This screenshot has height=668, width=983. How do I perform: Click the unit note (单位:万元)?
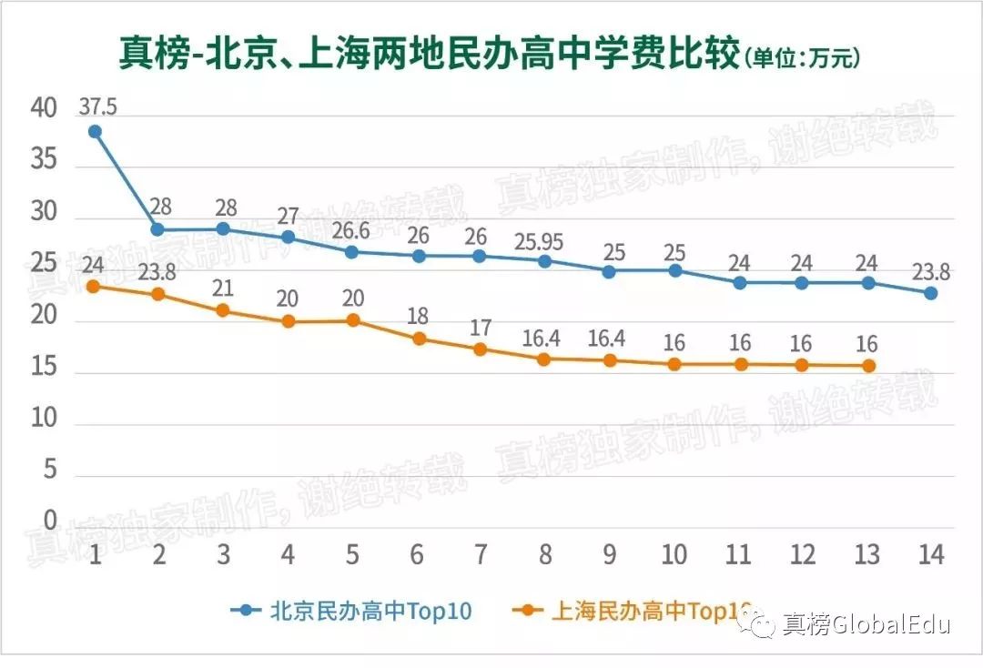pyautogui.click(x=802, y=59)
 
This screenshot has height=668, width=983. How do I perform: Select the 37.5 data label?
pyautogui.click(x=97, y=106)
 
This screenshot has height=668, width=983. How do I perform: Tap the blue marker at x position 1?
pyautogui.click(x=94, y=132)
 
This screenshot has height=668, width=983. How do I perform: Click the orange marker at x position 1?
pyautogui.click(x=94, y=286)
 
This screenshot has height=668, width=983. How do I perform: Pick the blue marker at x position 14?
pyautogui.click(x=931, y=293)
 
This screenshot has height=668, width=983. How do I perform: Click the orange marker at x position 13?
pyautogui.click(x=869, y=366)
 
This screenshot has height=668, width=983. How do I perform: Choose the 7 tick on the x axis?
pyautogui.click(x=481, y=554)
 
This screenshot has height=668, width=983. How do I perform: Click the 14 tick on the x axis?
pyautogui.click(x=931, y=554)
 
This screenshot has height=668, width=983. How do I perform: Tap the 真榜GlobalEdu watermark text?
pyautogui.click(x=866, y=625)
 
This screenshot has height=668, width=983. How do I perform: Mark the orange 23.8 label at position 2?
pyautogui.click(x=158, y=271)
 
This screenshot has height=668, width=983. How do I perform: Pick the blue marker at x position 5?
pyautogui.click(x=351, y=251)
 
